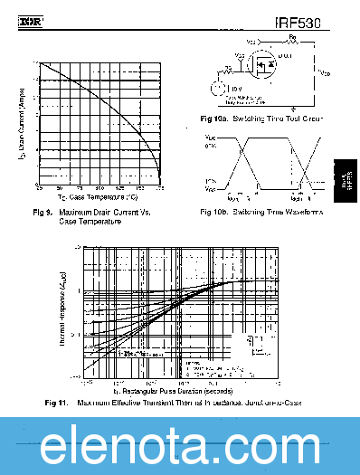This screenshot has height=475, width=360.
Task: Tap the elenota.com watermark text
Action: pos(179,446)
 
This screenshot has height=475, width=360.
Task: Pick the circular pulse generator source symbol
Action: pos(217,89)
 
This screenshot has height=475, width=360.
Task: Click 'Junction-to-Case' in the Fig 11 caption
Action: pos(270,402)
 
